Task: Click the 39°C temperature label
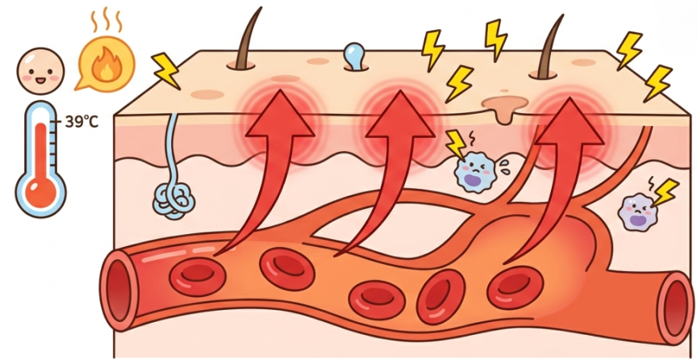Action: [81, 122]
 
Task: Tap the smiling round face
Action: [40, 71]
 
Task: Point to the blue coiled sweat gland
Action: [173, 201]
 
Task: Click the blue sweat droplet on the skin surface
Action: [356, 56]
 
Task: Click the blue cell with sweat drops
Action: [474, 173]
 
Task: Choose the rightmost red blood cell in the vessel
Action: [515, 287]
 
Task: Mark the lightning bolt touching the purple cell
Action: [665, 193]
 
